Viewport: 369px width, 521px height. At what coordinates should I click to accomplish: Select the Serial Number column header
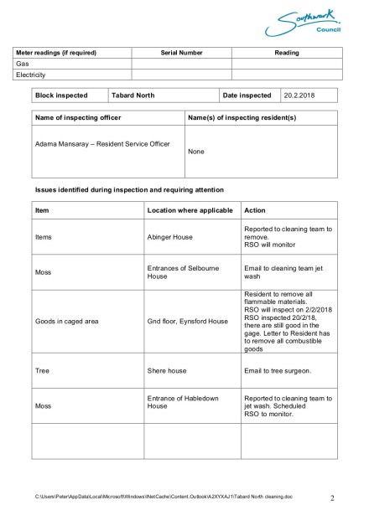[181, 53]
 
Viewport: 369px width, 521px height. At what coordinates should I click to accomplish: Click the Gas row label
[23, 63]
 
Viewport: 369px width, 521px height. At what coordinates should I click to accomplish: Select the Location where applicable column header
[190, 210]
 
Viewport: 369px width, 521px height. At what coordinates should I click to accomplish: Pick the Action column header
[255, 210]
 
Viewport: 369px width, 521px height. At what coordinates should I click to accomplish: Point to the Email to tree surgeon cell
[277, 371]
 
